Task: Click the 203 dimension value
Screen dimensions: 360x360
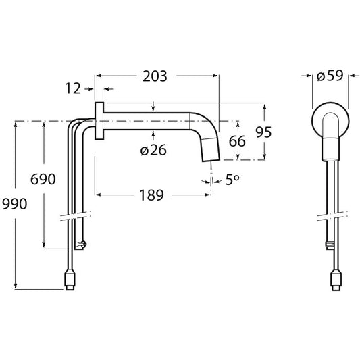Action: click(155, 76)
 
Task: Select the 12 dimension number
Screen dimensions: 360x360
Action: click(73, 88)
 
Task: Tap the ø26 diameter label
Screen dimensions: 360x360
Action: click(153, 151)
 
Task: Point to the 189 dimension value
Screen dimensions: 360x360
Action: click(152, 195)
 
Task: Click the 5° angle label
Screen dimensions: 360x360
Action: click(232, 180)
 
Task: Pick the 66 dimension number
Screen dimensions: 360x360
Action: click(237, 141)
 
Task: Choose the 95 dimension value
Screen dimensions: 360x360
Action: click(263, 132)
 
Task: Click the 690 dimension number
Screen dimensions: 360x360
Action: click(43, 179)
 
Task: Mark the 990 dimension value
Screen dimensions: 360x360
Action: click(14, 204)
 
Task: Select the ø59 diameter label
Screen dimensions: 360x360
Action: click(330, 76)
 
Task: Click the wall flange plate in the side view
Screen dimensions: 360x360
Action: click(99, 121)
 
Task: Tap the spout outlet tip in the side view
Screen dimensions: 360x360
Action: click(211, 159)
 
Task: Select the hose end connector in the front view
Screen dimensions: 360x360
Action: click(336, 280)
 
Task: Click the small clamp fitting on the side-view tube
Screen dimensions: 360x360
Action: click(80, 244)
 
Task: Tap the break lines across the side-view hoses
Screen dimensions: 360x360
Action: click(76, 216)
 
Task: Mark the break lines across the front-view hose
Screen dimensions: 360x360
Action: click(332, 216)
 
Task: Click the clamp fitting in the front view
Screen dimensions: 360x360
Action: click(330, 245)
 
